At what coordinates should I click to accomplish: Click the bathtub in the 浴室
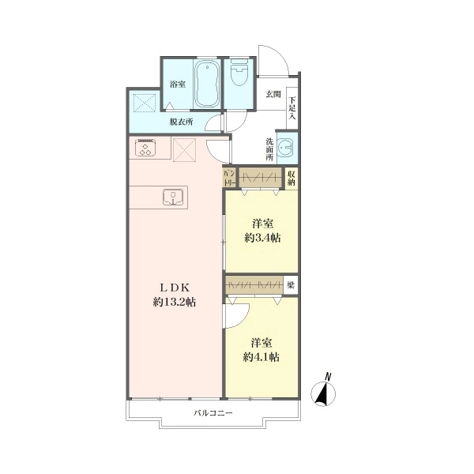(206, 84)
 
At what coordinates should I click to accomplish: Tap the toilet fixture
(239, 72)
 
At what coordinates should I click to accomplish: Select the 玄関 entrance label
(273, 95)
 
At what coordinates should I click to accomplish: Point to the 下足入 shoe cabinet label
(292, 108)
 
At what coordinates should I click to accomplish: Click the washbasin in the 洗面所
(285, 147)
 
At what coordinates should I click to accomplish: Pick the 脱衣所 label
(181, 122)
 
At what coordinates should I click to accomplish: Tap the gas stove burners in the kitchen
(145, 148)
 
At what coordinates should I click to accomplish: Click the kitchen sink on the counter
(172, 197)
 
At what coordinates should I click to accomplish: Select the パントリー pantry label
(229, 179)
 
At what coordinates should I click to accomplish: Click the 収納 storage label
(291, 179)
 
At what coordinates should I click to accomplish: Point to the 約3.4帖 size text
(262, 238)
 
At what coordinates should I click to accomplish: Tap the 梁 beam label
(291, 285)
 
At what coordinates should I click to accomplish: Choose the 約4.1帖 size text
(261, 357)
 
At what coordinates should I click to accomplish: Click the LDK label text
(175, 288)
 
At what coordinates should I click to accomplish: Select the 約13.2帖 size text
(175, 302)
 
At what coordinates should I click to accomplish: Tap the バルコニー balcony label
(213, 412)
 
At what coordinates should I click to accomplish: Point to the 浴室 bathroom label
(178, 84)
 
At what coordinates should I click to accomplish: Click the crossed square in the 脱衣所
(145, 103)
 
